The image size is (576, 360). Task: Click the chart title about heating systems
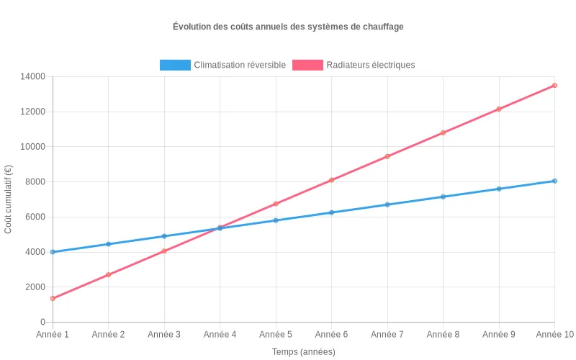click(x=288, y=27)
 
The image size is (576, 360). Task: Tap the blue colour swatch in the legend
click(x=175, y=65)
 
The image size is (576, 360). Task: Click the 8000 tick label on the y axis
click(x=34, y=181)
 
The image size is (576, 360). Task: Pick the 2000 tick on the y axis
click(x=34, y=287)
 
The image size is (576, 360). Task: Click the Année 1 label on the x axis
click(x=53, y=335)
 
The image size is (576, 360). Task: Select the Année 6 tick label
click(x=331, y=335)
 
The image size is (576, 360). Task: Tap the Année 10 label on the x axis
click(x=554, y=335)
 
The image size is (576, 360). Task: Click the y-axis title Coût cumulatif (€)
click(x=9, y=199)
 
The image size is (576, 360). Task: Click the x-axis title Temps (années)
click(x=303, y=352)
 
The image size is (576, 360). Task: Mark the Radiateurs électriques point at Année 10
click(x=554, y=85)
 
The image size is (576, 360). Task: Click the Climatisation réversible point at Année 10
click(x=554, y=181)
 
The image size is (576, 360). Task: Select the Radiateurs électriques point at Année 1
click(x=53, y=298)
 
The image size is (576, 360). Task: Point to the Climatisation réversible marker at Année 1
click(x=53, y=252)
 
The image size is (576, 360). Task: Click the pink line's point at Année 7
click(x=387, y=156)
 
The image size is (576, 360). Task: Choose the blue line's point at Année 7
click(x=387, y=204)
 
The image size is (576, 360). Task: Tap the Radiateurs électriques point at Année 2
click(x=108, y=274)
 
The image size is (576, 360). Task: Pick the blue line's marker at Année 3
click(x=164, y=236)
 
